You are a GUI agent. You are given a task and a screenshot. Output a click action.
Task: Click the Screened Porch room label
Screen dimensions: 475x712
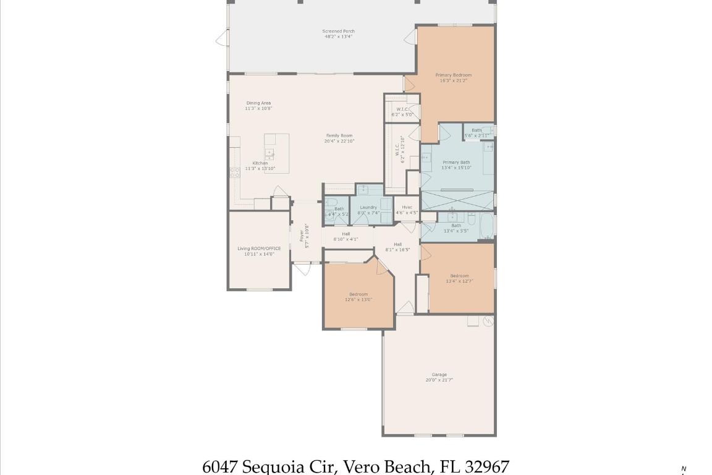338,31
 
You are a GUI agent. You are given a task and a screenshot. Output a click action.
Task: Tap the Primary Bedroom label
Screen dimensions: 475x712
453,75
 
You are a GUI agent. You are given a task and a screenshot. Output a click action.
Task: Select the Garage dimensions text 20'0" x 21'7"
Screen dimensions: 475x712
439,380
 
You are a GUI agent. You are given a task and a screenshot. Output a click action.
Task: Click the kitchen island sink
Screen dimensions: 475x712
269,152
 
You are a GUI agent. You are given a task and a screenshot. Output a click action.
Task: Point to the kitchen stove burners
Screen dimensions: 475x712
235,173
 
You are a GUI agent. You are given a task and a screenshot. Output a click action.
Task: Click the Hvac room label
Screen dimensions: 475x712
407,207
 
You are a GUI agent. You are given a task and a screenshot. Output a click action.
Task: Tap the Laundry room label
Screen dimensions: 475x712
368,207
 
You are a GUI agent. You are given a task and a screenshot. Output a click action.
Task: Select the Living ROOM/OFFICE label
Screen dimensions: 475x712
259,249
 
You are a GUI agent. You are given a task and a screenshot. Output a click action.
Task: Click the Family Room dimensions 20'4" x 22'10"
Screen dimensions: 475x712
339,141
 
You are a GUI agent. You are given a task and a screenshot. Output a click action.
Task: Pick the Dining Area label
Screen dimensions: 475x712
258,103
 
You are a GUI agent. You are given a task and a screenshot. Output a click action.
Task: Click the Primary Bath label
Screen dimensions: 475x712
456,162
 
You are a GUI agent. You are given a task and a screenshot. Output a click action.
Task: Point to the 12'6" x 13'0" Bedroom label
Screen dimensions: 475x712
358,294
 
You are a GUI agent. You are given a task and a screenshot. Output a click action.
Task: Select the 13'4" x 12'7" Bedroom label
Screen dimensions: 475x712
459,276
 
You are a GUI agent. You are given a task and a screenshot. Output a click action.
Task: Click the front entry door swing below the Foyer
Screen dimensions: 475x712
302,269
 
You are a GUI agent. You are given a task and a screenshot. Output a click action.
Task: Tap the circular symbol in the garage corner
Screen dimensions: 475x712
488,321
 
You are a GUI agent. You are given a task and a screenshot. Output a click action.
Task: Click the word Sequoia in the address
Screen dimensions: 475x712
271,466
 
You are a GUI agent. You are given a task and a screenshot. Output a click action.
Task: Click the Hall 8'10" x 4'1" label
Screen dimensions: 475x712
345,234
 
